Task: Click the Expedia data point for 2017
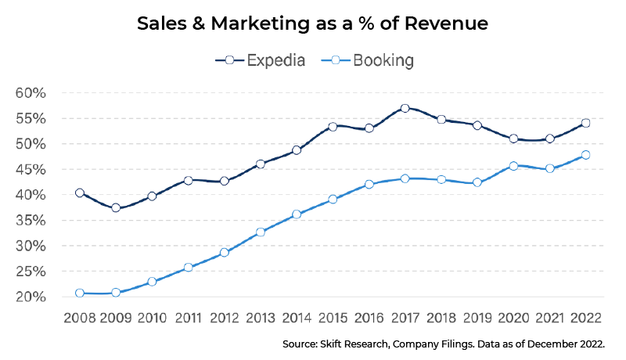(x=405, y=109)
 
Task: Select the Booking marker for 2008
(x=80, y=293)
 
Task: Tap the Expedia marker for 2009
(x=116, y=207)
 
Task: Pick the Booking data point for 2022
(x=585, y=155)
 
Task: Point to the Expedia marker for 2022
(x=585, y=123)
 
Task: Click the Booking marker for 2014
(x=297, y=214)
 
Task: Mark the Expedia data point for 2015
(x=333, y=126)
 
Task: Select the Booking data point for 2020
(x=513, y=166)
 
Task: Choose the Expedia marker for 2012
(x=225, y=181)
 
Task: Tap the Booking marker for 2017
(x=405, y=178)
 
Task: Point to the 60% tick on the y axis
(x=32, y=93)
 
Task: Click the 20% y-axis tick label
(x=32, y=297)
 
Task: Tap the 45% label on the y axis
(x=32, y=170)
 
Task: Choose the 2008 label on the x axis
(x=80, y=319)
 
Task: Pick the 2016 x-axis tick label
(x=369, y=319)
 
